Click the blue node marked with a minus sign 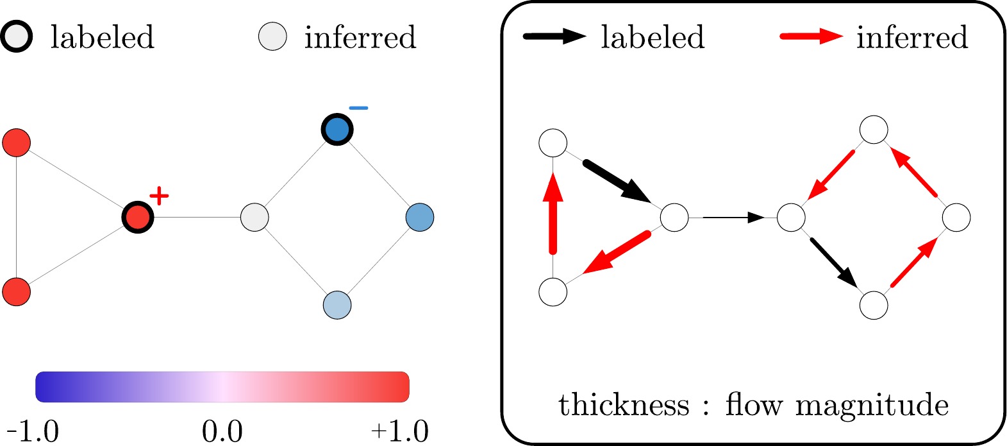[337, 130]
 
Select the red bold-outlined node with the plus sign [137, 218]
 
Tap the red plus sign [158, 195]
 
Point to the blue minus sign [358, 108]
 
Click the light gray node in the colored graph [254, 218]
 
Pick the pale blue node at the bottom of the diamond [337, 305]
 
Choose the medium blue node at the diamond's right [420, 218]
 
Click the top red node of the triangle [17, 142]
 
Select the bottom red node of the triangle [17, 292]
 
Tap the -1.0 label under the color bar [33, 431]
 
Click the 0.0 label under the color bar [222, 431]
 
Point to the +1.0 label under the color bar [399, 431]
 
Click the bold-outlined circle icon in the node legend [16, 37]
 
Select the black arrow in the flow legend [554, 37]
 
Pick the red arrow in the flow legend [811, 37]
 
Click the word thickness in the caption [624, 406]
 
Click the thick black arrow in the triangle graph [618, 182]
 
